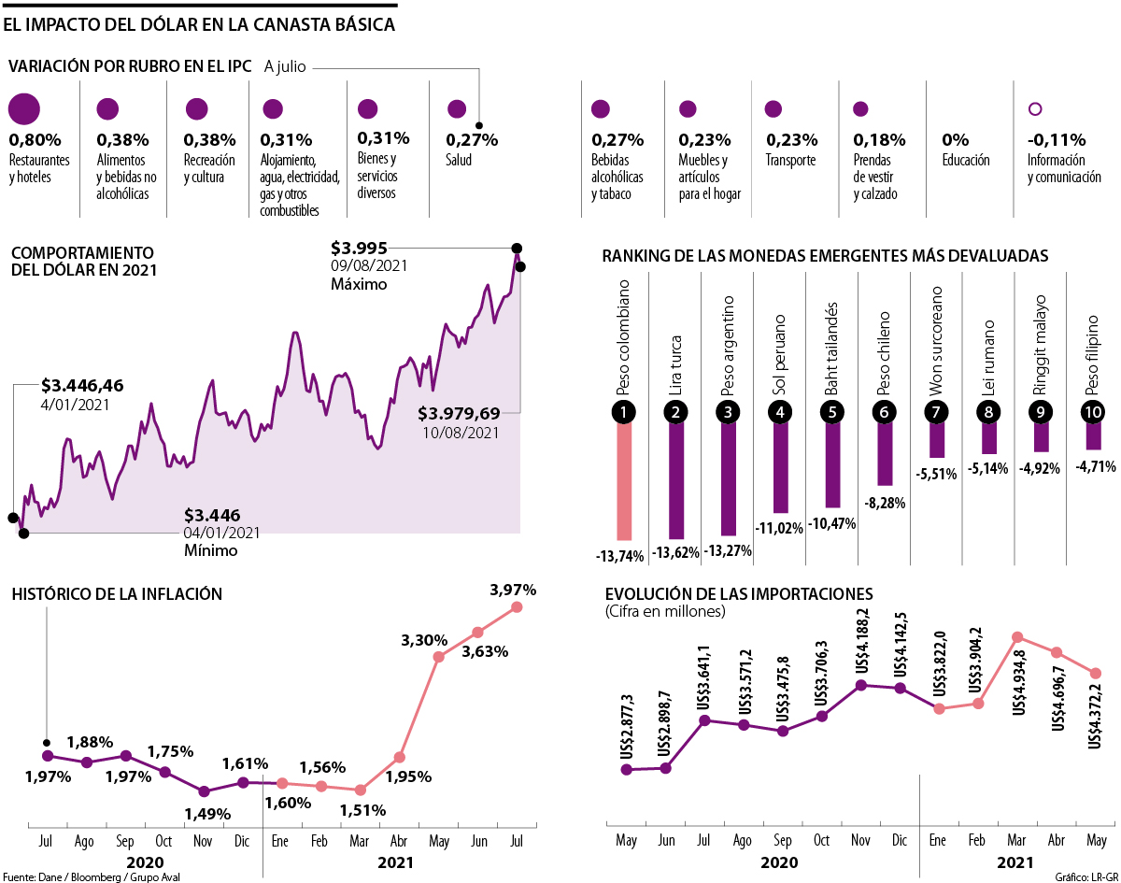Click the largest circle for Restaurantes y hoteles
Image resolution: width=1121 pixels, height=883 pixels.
24,109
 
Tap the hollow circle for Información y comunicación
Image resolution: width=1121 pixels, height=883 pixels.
1034,109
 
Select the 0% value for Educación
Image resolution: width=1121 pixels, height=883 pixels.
955,140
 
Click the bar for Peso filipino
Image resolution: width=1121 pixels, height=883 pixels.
1093,436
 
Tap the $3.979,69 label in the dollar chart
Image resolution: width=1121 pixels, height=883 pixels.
459,413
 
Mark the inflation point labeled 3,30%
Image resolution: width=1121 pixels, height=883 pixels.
438,657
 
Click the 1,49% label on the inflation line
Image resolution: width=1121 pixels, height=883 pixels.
207,814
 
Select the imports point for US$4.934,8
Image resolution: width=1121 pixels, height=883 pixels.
1017,637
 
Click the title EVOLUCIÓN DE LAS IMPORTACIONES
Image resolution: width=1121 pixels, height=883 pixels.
738,594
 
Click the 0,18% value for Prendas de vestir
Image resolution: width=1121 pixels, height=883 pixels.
879,140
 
